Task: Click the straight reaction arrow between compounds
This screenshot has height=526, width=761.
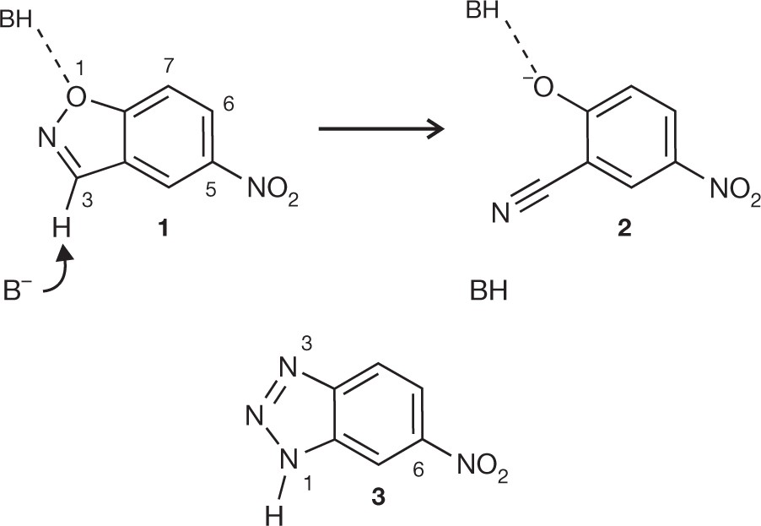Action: (380, 129)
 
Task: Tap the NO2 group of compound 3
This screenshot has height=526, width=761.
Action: (483, 466)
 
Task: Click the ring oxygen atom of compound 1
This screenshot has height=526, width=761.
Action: (77, 99)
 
